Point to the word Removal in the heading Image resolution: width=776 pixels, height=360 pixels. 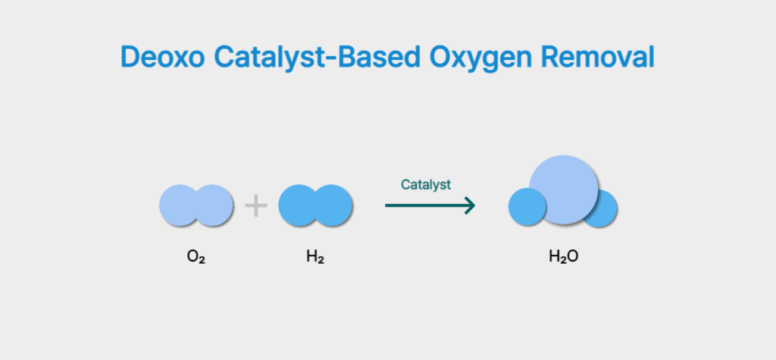pos(602,57)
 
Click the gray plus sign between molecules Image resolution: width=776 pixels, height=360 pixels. pos(256,205)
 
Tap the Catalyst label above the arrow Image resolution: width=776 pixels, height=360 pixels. pos(426,184)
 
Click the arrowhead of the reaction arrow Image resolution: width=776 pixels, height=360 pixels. pos(470,205)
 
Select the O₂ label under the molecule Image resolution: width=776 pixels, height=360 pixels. pos(196,256)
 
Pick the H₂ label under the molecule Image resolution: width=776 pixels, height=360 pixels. pos(315,256)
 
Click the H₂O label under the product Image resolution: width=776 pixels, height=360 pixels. pos(564,256)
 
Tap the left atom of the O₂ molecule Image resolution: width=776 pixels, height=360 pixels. pos(177,205)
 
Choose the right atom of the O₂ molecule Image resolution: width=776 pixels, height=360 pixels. pos(215,205)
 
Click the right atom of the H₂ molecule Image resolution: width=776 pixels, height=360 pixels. pos(334,205)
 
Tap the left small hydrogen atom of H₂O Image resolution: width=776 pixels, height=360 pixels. pos(525,208)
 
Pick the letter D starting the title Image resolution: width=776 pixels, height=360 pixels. pos(130,57)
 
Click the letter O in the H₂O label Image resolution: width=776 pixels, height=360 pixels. pos(574,256)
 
